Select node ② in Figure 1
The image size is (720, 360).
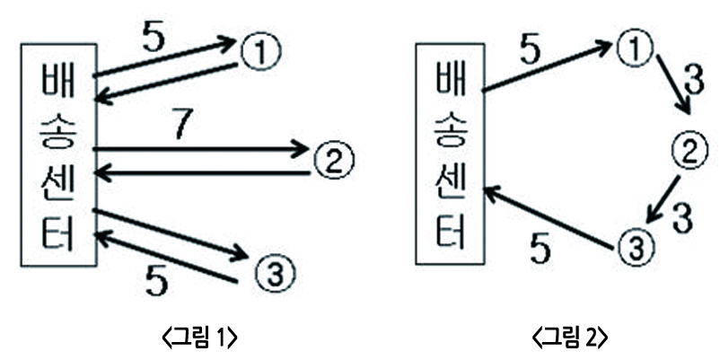335,160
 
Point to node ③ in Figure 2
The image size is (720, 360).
634,245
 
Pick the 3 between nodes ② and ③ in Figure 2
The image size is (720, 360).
683,218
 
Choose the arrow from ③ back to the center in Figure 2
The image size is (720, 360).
552,212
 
